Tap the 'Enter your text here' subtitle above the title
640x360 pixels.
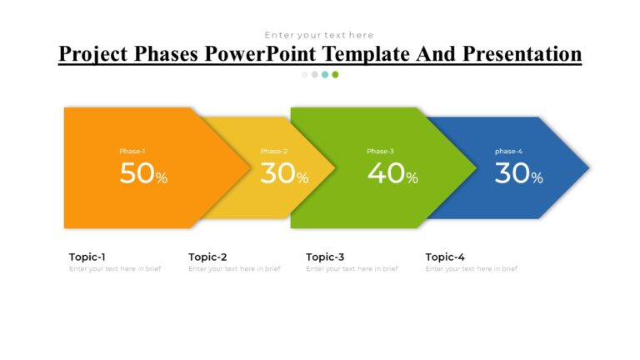(319, 35)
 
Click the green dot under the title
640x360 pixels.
(335, 74)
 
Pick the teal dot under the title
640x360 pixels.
(325, 74)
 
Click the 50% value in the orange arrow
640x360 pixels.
(143, 173)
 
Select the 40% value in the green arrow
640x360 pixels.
(392, 173)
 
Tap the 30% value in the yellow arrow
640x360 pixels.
(284, 173)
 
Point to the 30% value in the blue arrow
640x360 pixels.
(518, 173)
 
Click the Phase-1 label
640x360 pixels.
(132, 151)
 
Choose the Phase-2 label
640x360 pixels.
(273, 151)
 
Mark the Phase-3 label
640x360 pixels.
(380, 151)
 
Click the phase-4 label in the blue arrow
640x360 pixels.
(508, 151)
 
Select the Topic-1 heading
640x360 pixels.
(87, 257)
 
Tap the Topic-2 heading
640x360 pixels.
(207, 257)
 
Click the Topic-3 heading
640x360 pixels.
(325, 257)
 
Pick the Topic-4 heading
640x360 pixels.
(445, 257)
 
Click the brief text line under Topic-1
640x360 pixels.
(115, 269)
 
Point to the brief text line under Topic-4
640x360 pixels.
(471, 269)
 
